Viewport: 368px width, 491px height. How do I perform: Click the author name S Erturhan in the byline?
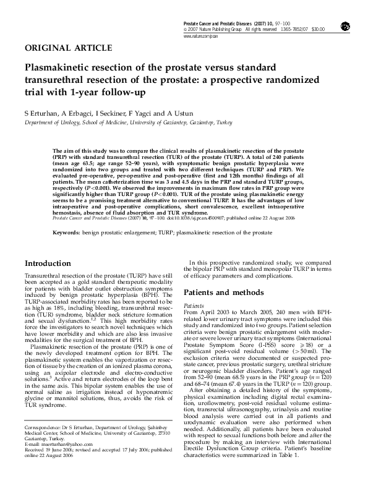[x=41, y=113]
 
